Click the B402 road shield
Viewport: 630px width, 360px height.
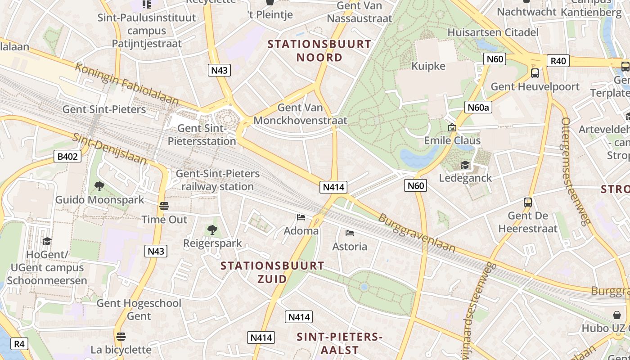(x=68, y=157)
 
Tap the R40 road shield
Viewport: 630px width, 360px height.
(x=558, y=61)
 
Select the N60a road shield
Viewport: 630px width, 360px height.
(x=478, y=107)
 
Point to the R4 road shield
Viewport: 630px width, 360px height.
(x=19, y=344)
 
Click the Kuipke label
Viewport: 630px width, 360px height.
(x=428, y=66)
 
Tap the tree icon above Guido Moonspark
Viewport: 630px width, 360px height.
(x=99, y=186)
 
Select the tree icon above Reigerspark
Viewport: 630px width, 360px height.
(x=212, y=230)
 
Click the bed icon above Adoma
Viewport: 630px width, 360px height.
(x=301, y=218)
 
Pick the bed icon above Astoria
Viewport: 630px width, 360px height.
(x=350, y=233)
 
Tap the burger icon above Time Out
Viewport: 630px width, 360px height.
(x=164, y=206)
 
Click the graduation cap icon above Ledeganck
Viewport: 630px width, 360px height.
(x=465, y=165)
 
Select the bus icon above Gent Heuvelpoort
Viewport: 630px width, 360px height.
(x=535, y=73)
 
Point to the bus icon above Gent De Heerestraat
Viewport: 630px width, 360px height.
(x=528, y=202)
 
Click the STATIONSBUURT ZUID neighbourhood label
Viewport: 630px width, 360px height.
(x=272, y=272)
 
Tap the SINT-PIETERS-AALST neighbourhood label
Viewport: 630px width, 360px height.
(x=340, y=343)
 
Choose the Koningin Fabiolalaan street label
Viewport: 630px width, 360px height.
(x=127, y=84)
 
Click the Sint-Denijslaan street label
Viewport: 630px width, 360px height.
(x=110, y=149)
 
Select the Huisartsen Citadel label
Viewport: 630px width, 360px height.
(x=493, y=32)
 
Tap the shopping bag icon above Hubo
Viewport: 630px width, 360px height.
(x=616, y=315)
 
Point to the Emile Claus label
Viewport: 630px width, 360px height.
(x=452, y=140)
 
